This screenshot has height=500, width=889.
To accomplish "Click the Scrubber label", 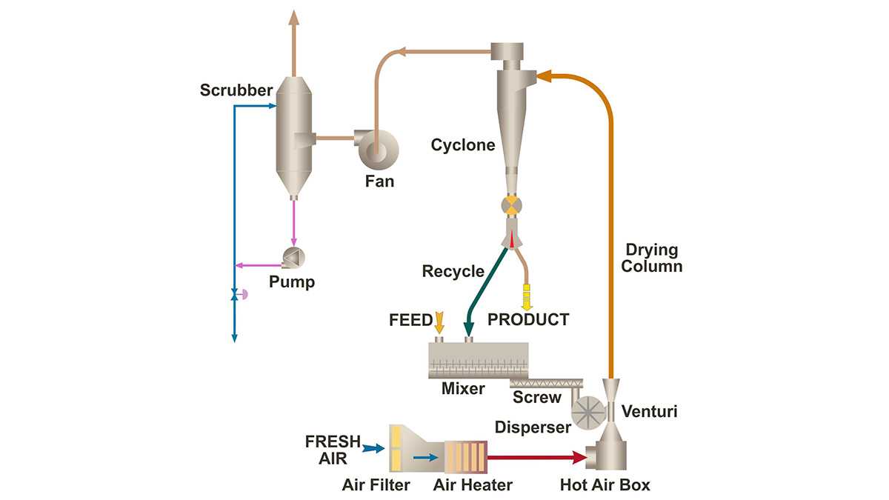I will pos(236,91).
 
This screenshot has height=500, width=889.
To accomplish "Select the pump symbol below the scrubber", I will pos(294,258).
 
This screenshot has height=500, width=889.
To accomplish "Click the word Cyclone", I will pos(463,145).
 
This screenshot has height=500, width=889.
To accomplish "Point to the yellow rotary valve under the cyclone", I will pos(511,205).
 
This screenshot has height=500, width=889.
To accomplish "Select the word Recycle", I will pos(453,271).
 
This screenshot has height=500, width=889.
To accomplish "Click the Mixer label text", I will pos(463,388).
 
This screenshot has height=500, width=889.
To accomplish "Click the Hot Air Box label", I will pos(605,486).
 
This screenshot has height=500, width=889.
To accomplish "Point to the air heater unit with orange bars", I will pos(466,458).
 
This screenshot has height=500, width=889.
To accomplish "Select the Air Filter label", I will pos(376,486).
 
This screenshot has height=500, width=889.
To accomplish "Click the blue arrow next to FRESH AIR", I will pos(374,447).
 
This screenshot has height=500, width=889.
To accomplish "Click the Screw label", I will pos(537,398).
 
